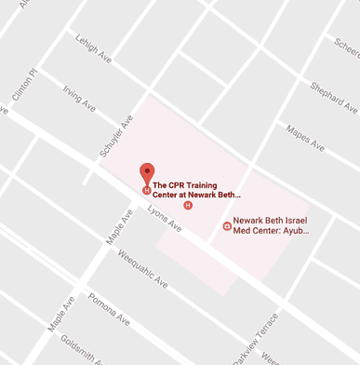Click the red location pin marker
pyautogui.click(x=147, y=172)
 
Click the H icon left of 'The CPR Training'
pyautogui.click(x=145, y=191)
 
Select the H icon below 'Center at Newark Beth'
pyautogui.click(x=188, y=205)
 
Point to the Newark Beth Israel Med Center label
pyautogui.click(x=271, y=225)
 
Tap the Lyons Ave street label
pyautogui.click(x=162, y=218)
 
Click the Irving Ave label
pyautogui.click(x=80, y=100)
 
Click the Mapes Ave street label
pyautogui.click(x=304, y=137)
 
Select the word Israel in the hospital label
pyautogui.click(x=290, y=220)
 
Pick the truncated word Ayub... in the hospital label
pyautogui.click(x=294, y=231)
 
